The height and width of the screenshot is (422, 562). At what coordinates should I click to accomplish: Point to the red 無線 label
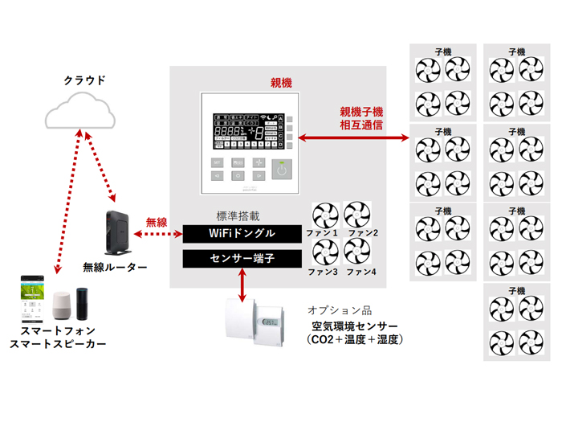click(x=157, y=222)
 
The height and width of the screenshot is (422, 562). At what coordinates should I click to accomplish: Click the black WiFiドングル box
click(x=242, y=234)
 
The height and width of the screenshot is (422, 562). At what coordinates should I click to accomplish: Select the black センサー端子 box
click(x=242, y=258)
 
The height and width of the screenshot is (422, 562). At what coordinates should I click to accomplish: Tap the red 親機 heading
click(x=281, y=83)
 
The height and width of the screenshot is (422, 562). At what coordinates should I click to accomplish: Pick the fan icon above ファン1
click(x=327, y=216)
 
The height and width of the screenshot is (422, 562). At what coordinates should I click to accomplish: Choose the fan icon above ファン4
click(x=358, y=251)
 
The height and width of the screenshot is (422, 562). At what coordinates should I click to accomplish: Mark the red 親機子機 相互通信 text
click(x=361, y=118)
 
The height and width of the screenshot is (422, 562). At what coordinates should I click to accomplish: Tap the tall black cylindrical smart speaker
click(x=85, y=305)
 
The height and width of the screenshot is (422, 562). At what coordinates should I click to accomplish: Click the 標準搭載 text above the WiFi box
click(x=238, y=216)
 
